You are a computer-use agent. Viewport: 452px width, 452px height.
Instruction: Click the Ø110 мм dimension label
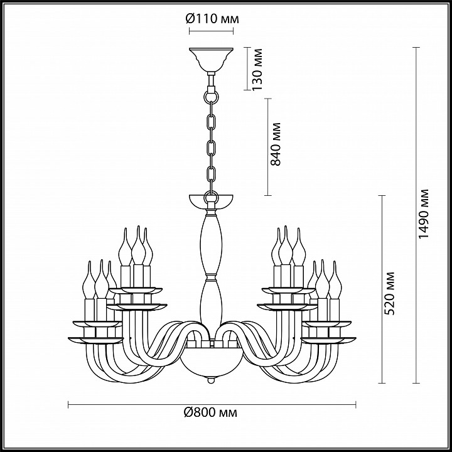pyautogui.click(x=212, y=19)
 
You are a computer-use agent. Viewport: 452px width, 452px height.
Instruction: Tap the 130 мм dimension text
pyautogui.click(x=257, y=70)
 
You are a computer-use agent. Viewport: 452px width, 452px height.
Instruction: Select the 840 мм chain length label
pyautogui.click(x=276, y=144)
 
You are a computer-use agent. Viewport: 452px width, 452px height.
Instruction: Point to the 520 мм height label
pyautogui.click(x=389, y=293)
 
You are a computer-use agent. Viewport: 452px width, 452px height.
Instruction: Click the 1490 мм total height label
pyautogui.click(x=424, y=214)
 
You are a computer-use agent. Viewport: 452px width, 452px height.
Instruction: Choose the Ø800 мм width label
pyautogui.click(x=211, y=412)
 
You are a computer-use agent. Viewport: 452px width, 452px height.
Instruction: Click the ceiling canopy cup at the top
pyautogui.click(x=211, y=60)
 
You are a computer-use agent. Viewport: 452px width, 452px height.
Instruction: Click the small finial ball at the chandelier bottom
pyautogui.click(x=212, y=380)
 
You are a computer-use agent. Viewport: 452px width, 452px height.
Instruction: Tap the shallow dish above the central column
pyautogui.click(x=211, y=202)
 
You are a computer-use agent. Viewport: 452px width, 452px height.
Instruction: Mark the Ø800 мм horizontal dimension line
pyautogui.click(x=212, y=404)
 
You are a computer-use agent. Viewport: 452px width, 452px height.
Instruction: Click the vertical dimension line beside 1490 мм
pyautogui.click(x=416, y=215)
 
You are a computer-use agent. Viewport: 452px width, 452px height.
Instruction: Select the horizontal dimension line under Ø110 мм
pyautogui.click(x=211, y=31)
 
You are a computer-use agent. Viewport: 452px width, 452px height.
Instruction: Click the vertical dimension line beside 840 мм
pyautogui.click(x=268, y=147)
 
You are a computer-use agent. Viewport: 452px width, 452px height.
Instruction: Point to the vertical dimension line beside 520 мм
pyautogui.click(x=382, y=289)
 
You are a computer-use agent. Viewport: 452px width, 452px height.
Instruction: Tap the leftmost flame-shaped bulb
pyautogui.click(x=89, y=279)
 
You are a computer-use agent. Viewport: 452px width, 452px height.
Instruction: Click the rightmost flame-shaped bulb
pyautogui.click(x=335, y=279)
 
